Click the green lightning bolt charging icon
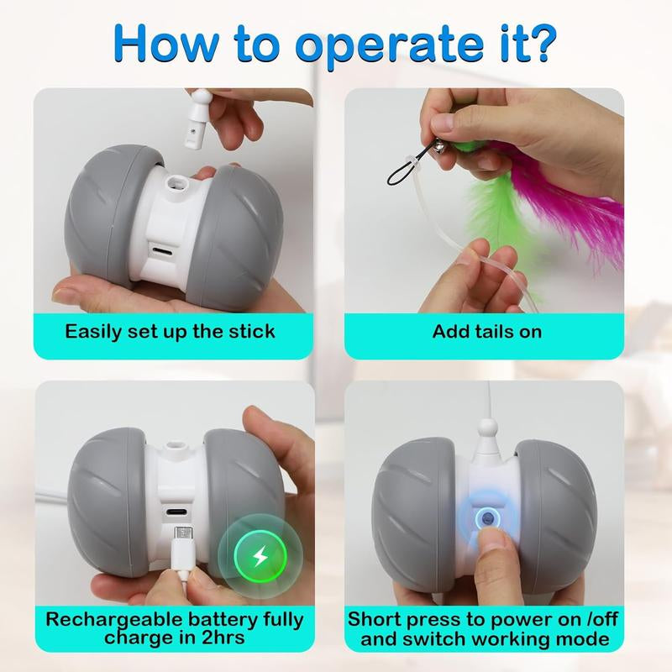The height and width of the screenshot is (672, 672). (260, 556)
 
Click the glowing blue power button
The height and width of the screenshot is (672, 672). (487, 518)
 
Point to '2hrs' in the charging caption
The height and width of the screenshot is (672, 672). (223, 638)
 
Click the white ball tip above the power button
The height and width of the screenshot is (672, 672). (487, 428)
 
